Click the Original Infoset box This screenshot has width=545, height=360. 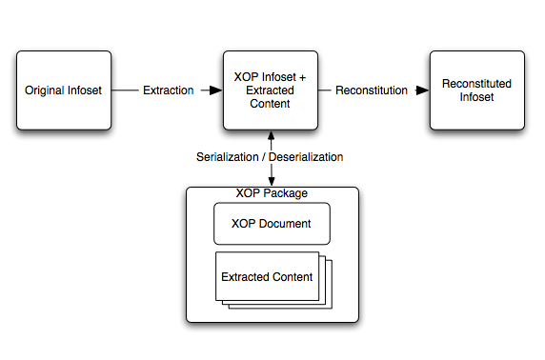point(63,90)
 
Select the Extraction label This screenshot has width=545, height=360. point(168,90)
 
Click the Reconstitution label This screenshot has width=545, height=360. point(372,90)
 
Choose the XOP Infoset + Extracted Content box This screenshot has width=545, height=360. point(270,90)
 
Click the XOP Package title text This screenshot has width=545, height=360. point(272,193)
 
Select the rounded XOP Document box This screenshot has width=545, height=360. point(272,224)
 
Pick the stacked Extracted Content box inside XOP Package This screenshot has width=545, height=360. point(268,277)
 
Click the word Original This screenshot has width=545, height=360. point(44,90)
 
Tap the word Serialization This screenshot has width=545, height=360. point(226,156)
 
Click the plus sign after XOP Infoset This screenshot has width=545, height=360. point(302,77)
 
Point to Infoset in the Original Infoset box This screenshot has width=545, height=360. point(84,90)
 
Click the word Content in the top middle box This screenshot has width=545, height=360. point(271,103)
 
